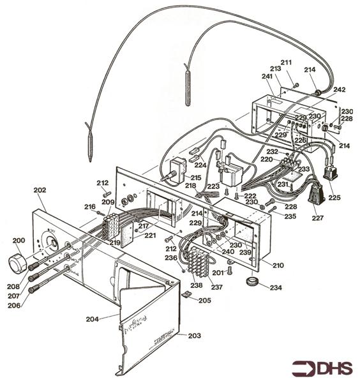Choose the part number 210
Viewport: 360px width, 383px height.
[278, 264]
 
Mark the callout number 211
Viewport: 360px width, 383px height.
[285, 63]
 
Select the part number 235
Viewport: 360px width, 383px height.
[290, 216]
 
